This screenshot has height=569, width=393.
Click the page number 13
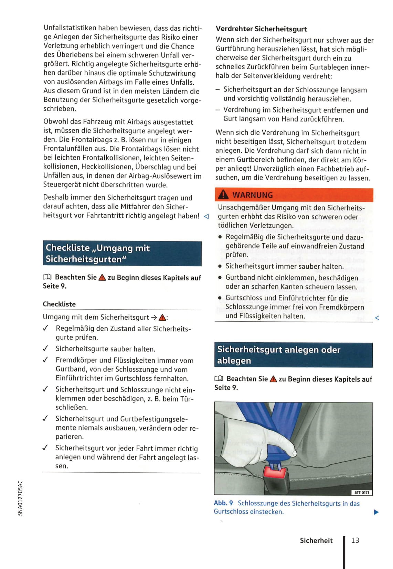pyautogui.click(x=355, y=540)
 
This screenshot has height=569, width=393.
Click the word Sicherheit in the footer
pyautogui.click(x=316, y=540)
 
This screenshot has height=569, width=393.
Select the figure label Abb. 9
pyautogui.click(x=223, y=503)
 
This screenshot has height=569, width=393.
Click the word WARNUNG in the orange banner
pyautogui.click(x=253, y=195)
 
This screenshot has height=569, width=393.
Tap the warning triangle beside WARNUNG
pyautogui.click(x=223, y=195)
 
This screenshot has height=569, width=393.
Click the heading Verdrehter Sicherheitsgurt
pyautogui.click(x=261, y=29)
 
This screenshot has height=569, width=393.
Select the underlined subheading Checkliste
pyautogui.click(x=59, y=304)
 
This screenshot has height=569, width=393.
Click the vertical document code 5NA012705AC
pyautogui.click(x=20, y=498)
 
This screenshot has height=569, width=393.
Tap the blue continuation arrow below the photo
pyautogui.click(x=376, y=512)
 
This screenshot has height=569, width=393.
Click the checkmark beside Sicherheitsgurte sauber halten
pyautogui.click(x=45, y=348)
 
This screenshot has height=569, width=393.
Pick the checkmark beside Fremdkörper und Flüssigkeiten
pyautogui.click(x=45, y=360)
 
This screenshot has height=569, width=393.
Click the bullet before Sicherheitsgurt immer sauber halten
pyautogui.click(x=220, y=267)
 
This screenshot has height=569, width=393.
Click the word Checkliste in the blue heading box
pyautogui.click(x=67, y=248)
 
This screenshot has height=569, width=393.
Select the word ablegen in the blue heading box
pyautogui.click(x=234, y=361)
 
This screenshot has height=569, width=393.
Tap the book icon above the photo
pyautogui.click(x=219, y=379)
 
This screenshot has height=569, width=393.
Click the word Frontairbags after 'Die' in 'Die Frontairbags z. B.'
pyautogui.click(x=84, y=140)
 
